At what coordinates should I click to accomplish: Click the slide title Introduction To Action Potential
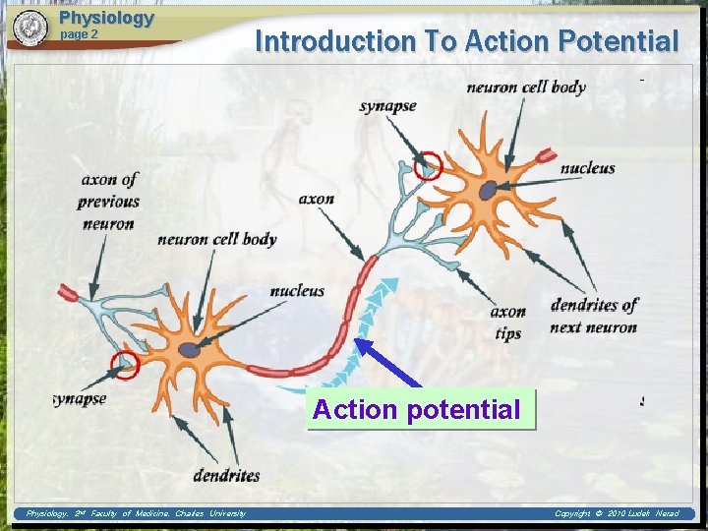click(x=466, y=41)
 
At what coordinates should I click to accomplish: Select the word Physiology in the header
click(x=106, y=18)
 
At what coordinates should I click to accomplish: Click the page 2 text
click(x=80, y=34)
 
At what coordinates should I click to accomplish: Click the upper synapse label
click(x=387, y=106)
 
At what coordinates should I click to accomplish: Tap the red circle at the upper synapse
click(x=428, y=166)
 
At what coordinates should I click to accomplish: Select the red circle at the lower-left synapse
click(x=125, y=365)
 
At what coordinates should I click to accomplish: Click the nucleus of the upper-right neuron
click(x=488, y=191)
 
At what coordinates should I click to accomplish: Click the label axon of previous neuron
click(x=109, y=202)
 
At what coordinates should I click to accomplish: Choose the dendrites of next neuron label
click(x=594, y=316)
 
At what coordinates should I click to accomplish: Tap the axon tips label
click(x=507, y=323)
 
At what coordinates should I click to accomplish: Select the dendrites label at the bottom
click(x=226, y=475)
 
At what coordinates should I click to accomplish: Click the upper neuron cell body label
click(x=526, y=87)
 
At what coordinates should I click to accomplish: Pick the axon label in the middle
click(x=316, y=199)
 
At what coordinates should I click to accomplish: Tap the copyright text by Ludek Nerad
click(x=616, y=513)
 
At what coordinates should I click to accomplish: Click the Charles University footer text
click(x=136, y=513)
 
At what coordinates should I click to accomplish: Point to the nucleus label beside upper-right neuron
click(x=587, y=168)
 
